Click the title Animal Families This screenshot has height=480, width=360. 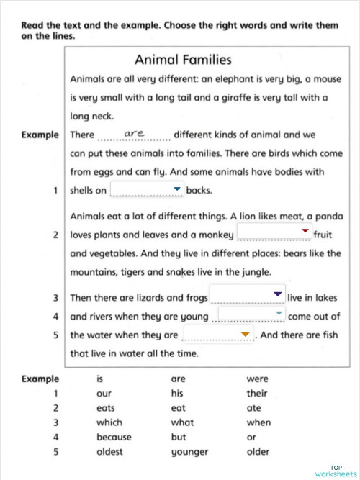pyautogui.click(x=183, y=60)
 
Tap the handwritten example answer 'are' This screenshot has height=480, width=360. pyautogui.click(x=135, y=134)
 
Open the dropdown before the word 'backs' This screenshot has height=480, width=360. pyautogui.click(x=147, y=190)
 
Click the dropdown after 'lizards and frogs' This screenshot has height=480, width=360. pyautogui.click(x=247, y=296)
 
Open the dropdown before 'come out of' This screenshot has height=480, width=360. pyautogui.click(x=251, y=315)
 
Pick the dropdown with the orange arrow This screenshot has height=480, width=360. pyautogui.click(x=219, y=335)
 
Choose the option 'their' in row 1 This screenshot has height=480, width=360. pyautogui.click(x=256, y=394)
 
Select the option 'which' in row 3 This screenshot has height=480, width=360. pyautogui.click(x=109, y=422)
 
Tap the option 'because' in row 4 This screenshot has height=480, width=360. pyautogui.click(x=114, y=437)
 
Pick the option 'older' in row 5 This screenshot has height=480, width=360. pyautogui.click(x=257, y=452)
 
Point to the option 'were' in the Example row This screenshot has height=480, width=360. pyautogui.click(x=256, y=379)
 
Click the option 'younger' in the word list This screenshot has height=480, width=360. pyautogui.click(x=189, y=452)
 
